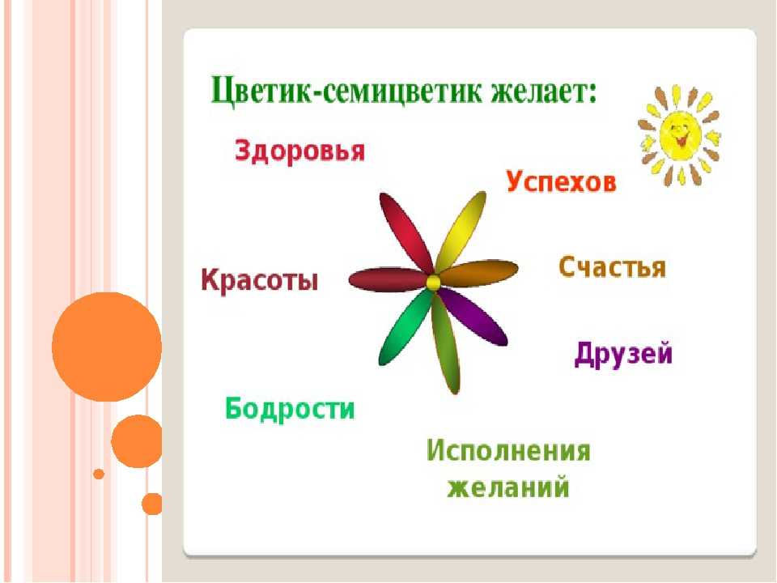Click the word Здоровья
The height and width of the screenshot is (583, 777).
299,151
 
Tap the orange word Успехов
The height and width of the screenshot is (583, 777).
562,181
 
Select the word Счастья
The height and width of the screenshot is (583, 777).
613,268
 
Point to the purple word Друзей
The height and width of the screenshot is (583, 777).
623,354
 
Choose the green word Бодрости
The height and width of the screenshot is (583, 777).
291,409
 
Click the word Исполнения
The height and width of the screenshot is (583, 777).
508,451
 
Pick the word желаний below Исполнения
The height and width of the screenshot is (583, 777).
508,487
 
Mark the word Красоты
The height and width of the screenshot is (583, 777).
260,280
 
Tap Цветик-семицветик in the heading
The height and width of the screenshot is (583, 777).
346,91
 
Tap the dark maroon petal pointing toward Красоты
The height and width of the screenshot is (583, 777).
388,279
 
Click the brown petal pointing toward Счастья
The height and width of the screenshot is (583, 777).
478,272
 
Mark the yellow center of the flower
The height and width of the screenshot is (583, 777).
433,283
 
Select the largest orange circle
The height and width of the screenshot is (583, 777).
107,347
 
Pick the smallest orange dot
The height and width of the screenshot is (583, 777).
99,474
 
